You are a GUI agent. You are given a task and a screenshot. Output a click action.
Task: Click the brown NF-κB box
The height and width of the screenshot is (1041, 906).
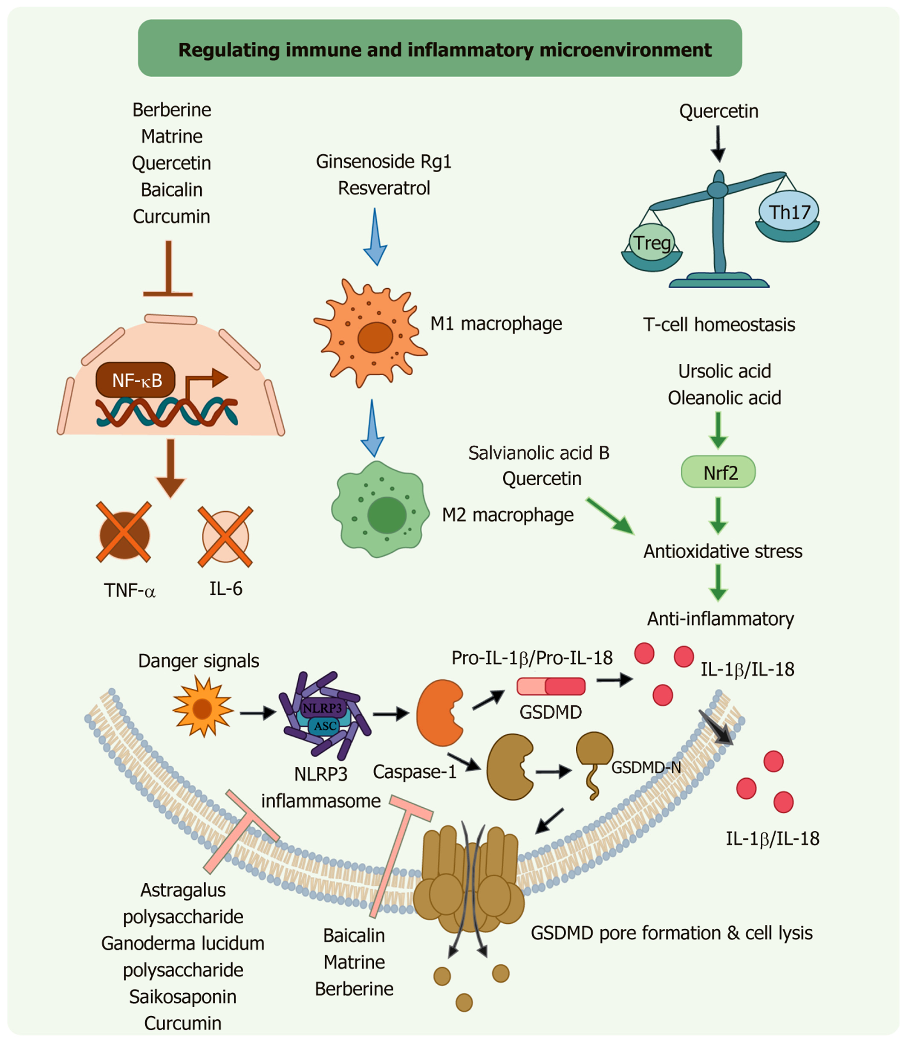[x=136, y=380]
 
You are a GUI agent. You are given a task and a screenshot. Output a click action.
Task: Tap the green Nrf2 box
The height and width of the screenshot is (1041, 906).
[x=718, y=472]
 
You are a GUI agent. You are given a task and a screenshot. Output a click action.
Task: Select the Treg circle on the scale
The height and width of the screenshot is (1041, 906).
[x=652, y=242]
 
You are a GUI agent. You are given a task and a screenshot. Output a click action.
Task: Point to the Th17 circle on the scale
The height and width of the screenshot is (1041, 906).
[x=789, y=211]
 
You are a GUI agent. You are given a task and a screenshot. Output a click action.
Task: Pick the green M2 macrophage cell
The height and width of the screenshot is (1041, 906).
[x=381, y=509]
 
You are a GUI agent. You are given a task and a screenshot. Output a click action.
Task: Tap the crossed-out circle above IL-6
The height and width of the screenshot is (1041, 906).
[x=225, y=536]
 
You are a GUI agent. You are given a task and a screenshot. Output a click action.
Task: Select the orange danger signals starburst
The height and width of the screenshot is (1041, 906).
[x=203, y=707]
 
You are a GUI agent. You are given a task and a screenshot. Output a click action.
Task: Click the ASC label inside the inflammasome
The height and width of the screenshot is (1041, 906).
[x=325, y=726]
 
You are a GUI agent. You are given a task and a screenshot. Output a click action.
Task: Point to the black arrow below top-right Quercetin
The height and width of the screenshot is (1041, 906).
[x=718, y=144]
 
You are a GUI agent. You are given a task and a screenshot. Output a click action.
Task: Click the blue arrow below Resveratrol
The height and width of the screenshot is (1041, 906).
[x=375, y=237]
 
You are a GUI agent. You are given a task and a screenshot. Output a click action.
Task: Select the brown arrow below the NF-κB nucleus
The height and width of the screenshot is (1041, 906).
[x=170, y=468]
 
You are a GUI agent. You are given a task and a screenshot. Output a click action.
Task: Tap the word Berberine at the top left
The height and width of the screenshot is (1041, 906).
[x=172, y=110]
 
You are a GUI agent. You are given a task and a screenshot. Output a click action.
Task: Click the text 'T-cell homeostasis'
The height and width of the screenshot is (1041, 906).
[x=719, y=324]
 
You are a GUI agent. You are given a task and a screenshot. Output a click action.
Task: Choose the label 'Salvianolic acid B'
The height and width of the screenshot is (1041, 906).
[x=539, y=453]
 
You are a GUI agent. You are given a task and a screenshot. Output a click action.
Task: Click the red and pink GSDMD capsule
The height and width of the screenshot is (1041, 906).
[x=551, y=687]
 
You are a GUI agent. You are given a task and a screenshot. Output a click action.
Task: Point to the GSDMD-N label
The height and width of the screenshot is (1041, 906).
[x=646, y=767]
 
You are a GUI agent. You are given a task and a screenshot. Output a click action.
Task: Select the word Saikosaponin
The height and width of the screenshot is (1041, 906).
[x=183, y=997]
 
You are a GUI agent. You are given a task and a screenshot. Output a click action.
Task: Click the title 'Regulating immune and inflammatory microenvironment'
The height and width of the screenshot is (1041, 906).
[x=445, y=49]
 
